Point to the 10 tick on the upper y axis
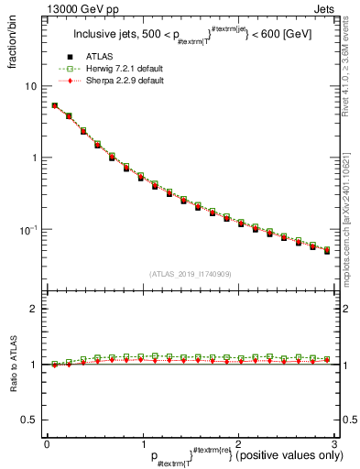point(30,86)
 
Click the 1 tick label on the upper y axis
point(33,158)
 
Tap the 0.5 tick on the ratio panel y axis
point(28,420)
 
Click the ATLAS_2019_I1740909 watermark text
point(190,274)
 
